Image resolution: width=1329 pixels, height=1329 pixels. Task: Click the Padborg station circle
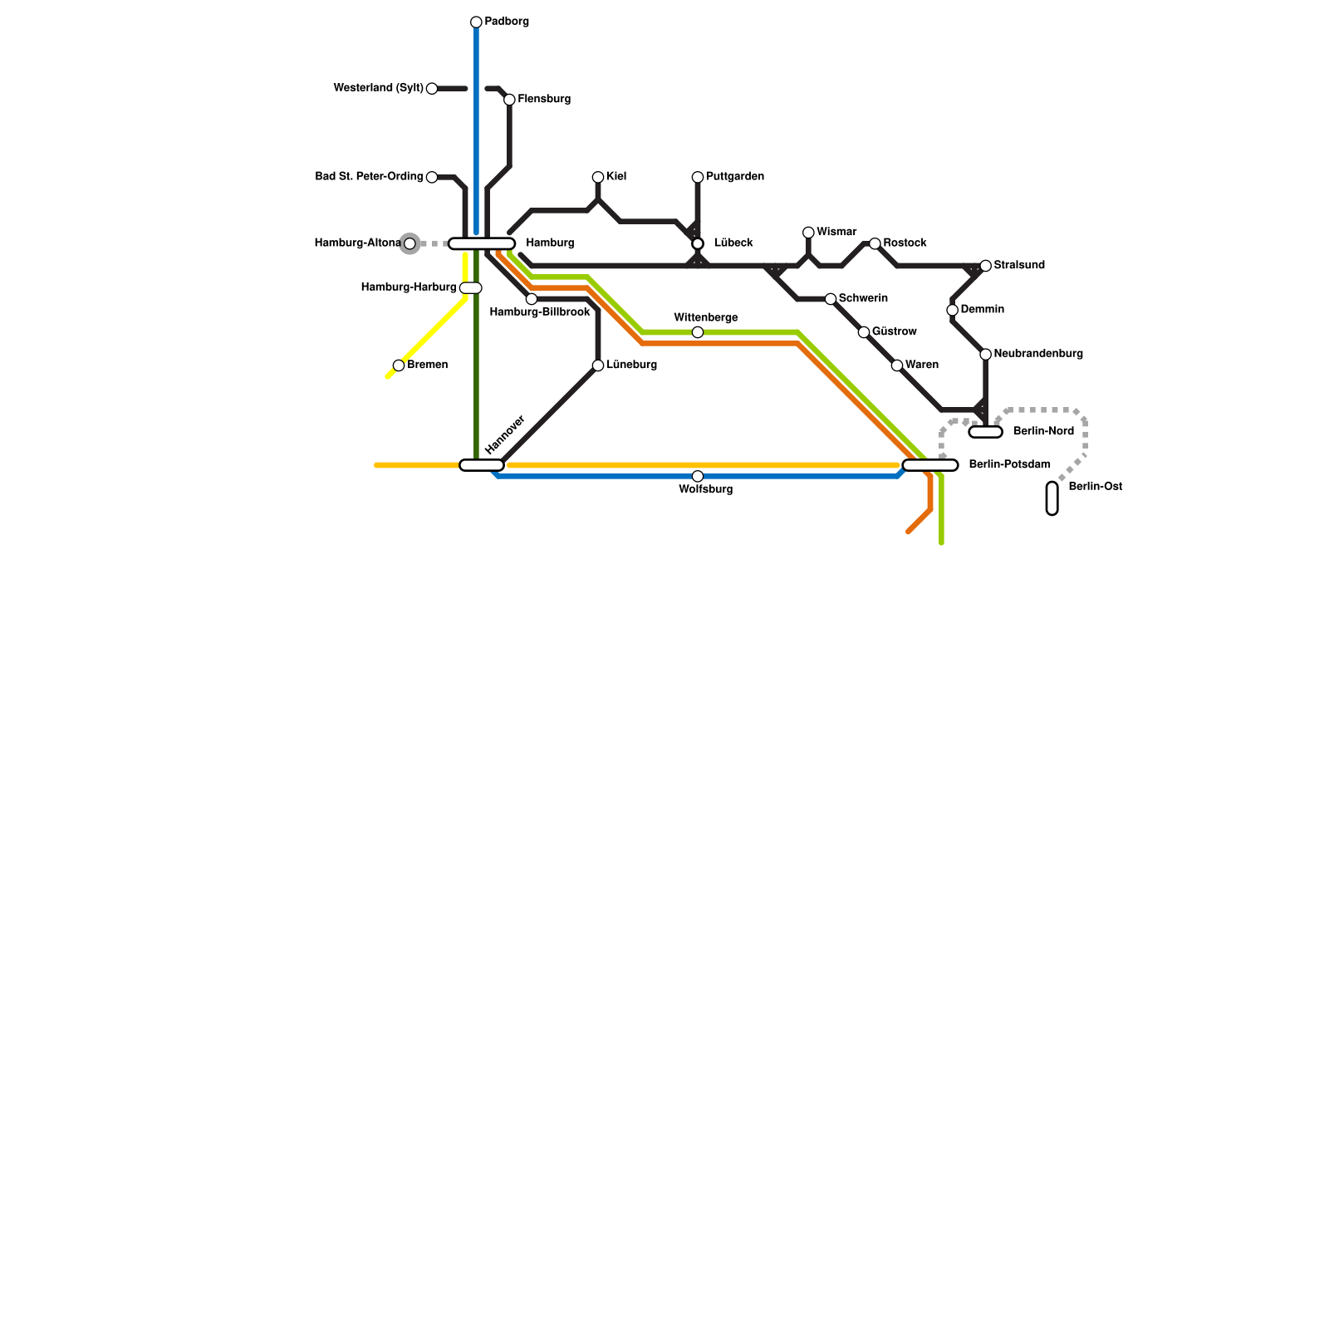476,22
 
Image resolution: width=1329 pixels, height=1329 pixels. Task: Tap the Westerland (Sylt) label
378,88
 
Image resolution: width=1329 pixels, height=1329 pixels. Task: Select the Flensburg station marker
509,100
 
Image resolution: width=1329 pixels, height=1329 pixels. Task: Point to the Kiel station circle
598,178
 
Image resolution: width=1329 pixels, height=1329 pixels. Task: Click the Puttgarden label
734,177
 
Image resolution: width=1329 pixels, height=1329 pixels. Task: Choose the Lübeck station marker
698,243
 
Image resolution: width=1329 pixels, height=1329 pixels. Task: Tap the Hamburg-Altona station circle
409,243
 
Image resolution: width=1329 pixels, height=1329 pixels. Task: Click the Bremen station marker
399,365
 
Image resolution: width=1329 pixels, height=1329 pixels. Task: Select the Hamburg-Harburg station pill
471,288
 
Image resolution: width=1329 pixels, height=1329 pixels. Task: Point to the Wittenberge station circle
698,332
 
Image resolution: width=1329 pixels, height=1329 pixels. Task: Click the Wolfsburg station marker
698,476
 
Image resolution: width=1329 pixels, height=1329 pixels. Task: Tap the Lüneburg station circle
598,365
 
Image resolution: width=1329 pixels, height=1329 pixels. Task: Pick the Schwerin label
863,298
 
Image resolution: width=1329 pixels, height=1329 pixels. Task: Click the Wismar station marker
808,233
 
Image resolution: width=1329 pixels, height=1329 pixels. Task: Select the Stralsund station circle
985,266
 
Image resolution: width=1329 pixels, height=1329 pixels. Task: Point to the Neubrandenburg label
1037,354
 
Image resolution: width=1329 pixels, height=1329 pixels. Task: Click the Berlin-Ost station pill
1052,498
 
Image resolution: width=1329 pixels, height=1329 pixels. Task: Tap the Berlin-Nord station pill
986,432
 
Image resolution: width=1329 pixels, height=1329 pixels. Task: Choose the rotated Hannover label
505,434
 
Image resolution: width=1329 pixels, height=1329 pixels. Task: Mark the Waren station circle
897,365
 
